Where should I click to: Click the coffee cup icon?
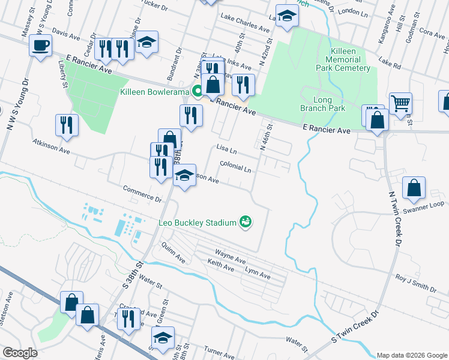tap(40, 46)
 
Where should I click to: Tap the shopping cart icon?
tap(400, 103)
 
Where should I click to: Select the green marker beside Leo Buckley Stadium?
tap(245, 223)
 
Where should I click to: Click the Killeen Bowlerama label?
tap(154, 92)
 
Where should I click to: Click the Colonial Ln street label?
tap(235, 169)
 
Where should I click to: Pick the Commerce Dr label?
tap(142, 193)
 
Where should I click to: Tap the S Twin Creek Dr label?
tap(357, 327)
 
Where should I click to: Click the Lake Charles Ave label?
tap(245, 22)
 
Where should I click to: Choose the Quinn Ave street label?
tap(173, 252)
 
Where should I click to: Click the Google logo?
tap(20, 353)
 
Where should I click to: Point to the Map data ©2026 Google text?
tap(411, 355)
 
